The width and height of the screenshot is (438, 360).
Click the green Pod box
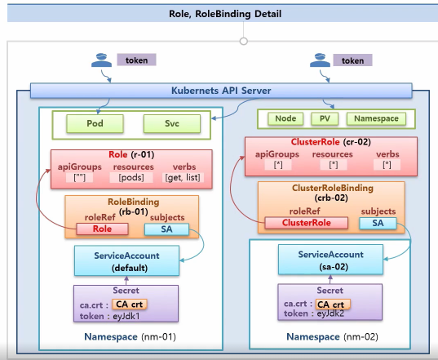(95, 123)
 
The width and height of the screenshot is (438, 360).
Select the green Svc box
(172, 123)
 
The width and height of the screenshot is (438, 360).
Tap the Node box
(285, 118)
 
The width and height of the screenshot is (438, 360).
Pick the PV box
(325, 118)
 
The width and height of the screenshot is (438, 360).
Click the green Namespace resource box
(376, 118)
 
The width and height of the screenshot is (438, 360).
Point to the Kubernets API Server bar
(221, 91)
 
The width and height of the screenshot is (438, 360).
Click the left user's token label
(136, 60)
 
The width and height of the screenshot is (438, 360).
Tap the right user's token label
(352, 60)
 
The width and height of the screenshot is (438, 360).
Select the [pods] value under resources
(131, 177)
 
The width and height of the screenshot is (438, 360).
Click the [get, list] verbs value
(183, 177)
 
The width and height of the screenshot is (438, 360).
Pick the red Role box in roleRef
(102, 229)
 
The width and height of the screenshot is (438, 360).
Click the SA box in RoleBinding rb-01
(166, 229)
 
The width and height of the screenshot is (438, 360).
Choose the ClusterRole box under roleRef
(307, 223)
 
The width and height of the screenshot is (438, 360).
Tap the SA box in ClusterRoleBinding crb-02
(378, 223)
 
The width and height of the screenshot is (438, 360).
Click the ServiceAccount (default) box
(126, 261)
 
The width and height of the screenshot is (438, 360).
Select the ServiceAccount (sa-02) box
(330, 260)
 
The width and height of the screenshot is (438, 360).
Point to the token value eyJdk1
(126, 317)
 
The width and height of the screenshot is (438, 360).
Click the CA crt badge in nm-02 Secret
(333, 304)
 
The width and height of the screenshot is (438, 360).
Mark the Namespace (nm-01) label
(131, 337)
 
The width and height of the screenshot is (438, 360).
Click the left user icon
(101, 60)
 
